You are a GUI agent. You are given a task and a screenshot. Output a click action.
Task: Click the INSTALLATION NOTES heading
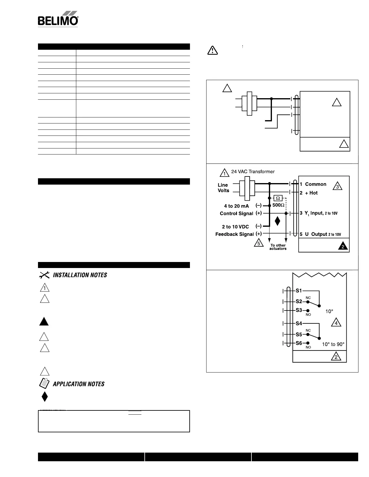80,275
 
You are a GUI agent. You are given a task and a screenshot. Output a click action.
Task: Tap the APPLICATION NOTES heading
78,384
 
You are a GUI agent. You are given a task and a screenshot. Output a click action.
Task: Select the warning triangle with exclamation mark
213,50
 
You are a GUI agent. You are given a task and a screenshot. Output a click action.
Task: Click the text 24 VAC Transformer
253,172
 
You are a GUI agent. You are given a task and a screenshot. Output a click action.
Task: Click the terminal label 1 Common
313,184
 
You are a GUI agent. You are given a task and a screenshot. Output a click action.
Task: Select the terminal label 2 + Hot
309,193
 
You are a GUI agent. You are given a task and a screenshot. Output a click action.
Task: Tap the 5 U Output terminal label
320,234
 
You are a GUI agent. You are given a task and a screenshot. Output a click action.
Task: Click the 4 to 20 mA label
236,206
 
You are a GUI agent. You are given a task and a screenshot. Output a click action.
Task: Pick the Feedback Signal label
234,234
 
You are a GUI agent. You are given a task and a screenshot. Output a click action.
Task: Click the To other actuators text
278,247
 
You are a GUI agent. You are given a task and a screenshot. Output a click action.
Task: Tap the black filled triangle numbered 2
342,247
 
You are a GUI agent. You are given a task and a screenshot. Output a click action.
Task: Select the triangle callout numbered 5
259,243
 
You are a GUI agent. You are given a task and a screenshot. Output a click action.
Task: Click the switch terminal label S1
299,291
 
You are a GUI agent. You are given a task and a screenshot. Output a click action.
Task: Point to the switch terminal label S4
299,323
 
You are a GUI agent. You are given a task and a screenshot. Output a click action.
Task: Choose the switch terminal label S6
299,343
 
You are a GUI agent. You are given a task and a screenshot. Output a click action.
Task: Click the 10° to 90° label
333,344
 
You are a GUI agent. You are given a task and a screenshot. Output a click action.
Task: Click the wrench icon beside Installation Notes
44,275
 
